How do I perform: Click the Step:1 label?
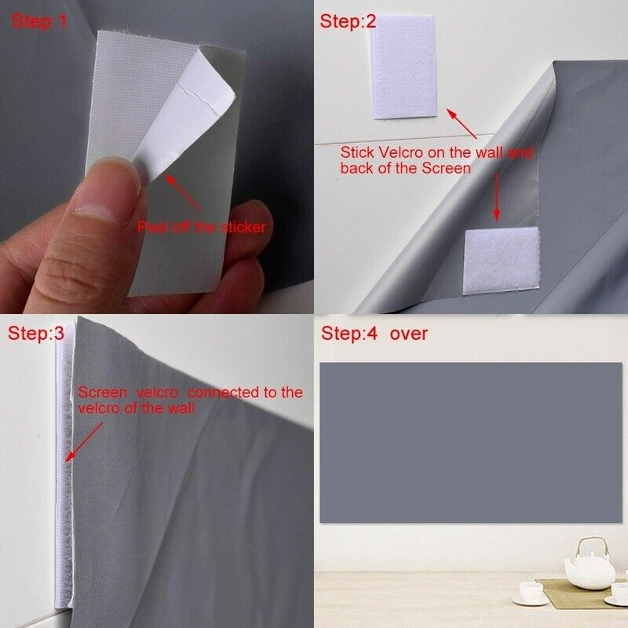(39, 22)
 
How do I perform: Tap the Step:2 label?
(348, 21)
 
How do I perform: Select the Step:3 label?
(36, 333)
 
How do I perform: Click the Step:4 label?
(349, 333)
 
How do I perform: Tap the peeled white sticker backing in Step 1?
(184, 116)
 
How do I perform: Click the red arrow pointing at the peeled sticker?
(183, 192)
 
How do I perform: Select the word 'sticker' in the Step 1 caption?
(243, 228)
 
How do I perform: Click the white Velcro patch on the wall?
(403, 68)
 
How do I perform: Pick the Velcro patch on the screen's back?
(502, 261)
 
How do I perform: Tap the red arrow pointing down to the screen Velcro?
(497, 197)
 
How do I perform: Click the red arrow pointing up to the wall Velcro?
(462, 123)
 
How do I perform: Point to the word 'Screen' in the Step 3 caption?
(103, 392)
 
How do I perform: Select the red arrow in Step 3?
(84, 442)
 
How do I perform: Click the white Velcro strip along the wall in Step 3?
(65, 473)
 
